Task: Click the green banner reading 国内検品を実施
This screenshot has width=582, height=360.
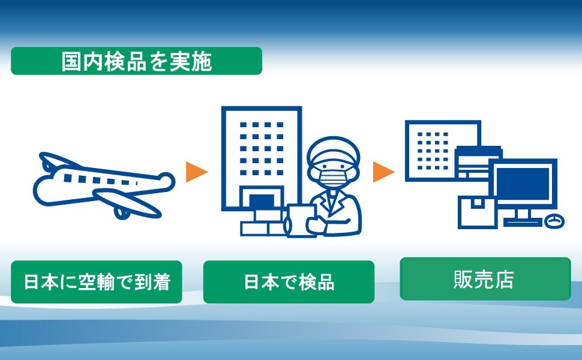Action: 137,61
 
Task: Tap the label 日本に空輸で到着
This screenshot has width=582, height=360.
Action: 97,282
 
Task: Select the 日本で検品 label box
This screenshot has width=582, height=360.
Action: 289,282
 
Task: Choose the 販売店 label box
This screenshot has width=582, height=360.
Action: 485,279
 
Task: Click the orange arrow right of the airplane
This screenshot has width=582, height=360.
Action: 196,172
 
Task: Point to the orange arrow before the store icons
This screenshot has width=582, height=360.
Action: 383,172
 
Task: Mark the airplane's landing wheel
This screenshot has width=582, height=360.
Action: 122,213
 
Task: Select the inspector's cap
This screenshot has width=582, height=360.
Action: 334,150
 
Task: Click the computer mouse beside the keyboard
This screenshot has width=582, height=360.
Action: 554,221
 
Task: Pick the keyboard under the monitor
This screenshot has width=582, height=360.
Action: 523,223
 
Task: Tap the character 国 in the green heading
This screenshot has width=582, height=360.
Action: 71,61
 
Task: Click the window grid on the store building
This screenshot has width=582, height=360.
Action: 433,151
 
